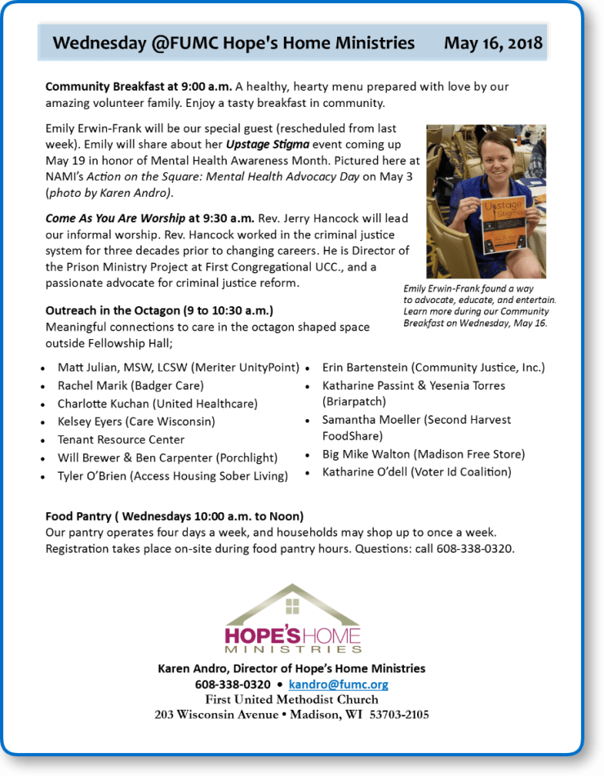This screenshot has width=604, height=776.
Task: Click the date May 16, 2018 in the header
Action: (493, 43)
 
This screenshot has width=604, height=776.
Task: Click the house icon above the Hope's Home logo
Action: (292, 605)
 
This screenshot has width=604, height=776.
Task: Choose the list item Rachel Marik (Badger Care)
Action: (131, 386)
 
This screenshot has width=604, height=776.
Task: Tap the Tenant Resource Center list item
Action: (121, 439)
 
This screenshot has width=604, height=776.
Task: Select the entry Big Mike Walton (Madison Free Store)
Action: (423, 454)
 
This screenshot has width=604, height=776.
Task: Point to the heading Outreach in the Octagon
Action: (159, 311)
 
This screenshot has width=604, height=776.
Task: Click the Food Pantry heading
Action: (174, 516)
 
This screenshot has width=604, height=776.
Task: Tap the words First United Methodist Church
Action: (291, 699)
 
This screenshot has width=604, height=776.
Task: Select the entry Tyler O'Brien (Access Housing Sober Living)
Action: (172, 476)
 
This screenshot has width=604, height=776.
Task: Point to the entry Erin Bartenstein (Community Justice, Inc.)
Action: (433, 368)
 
